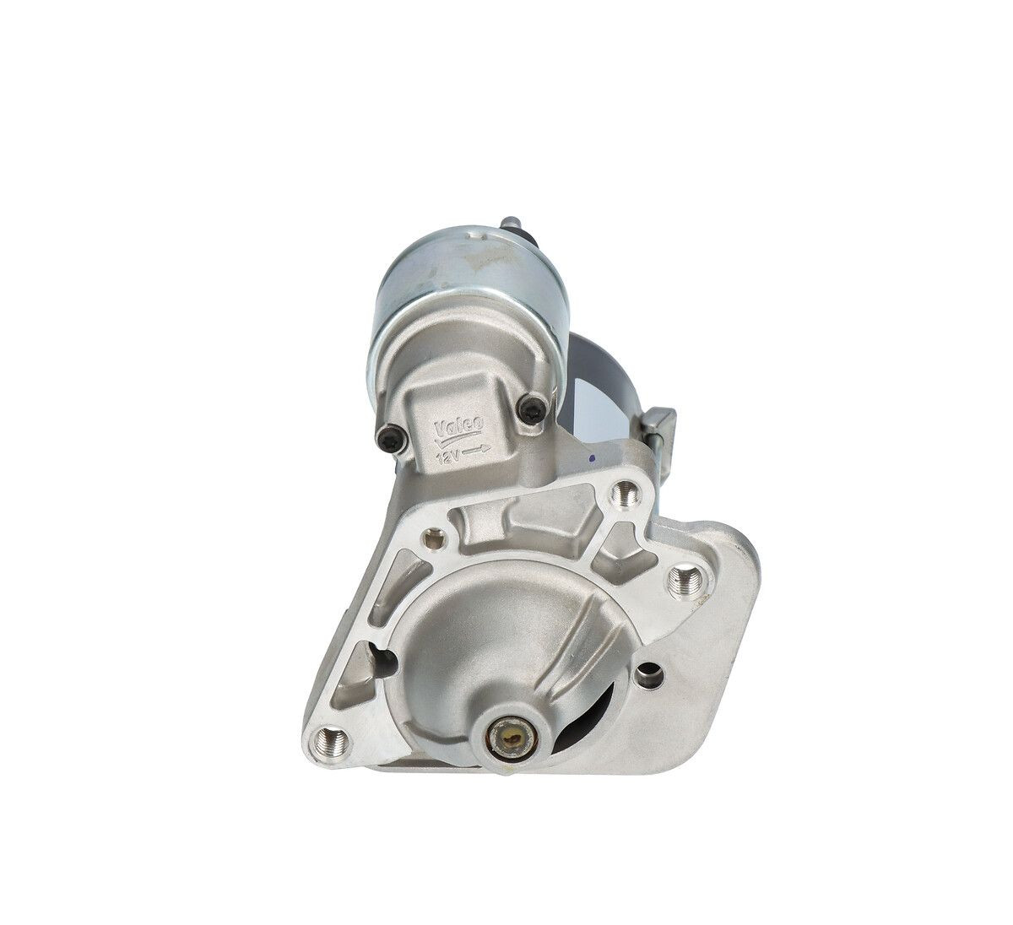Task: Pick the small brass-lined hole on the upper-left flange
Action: tap(436, 534)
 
